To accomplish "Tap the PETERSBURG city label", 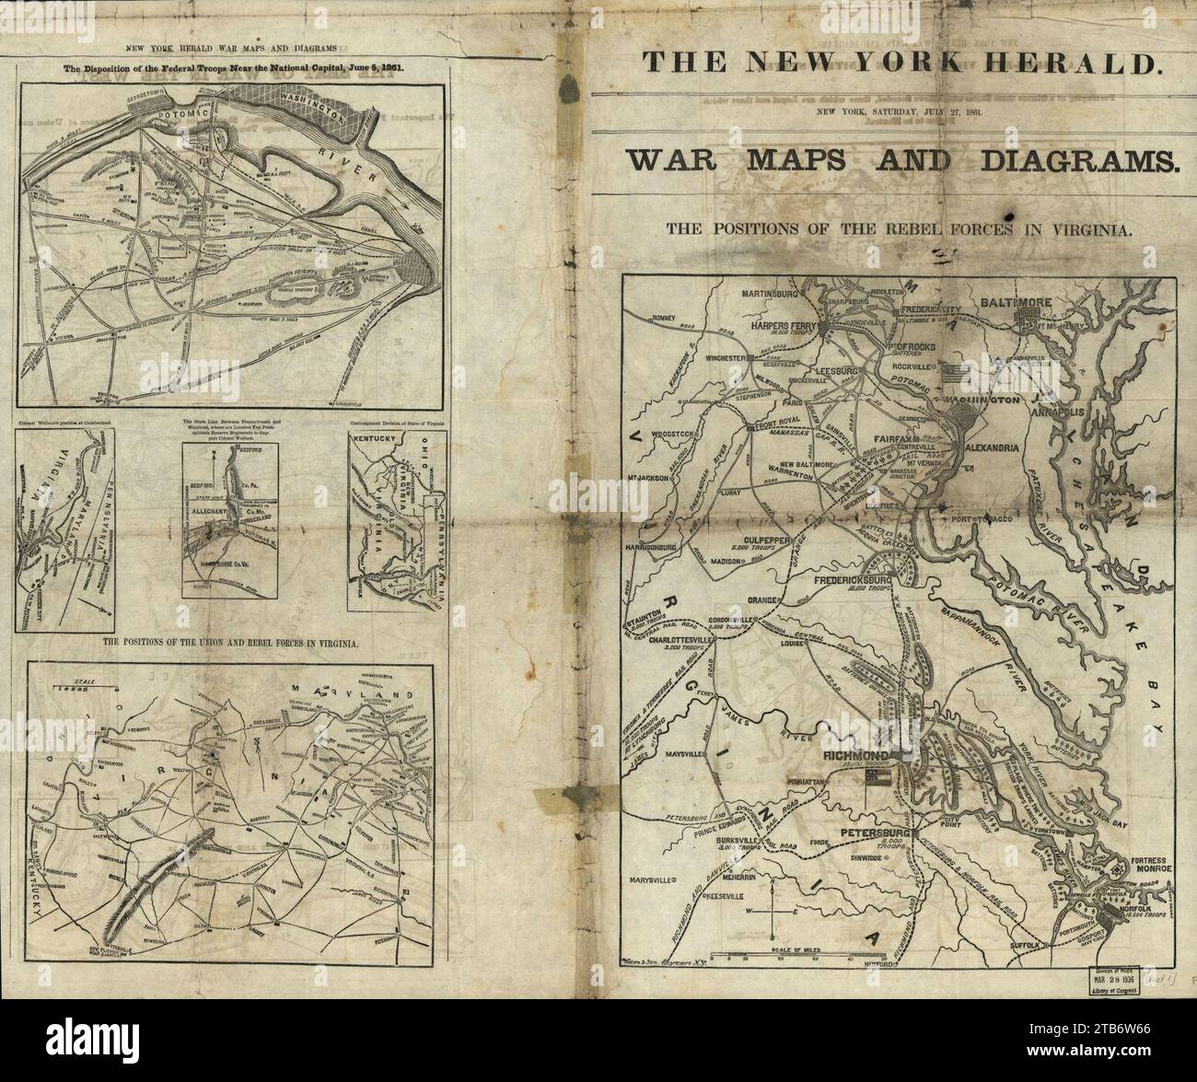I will point(874,834).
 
